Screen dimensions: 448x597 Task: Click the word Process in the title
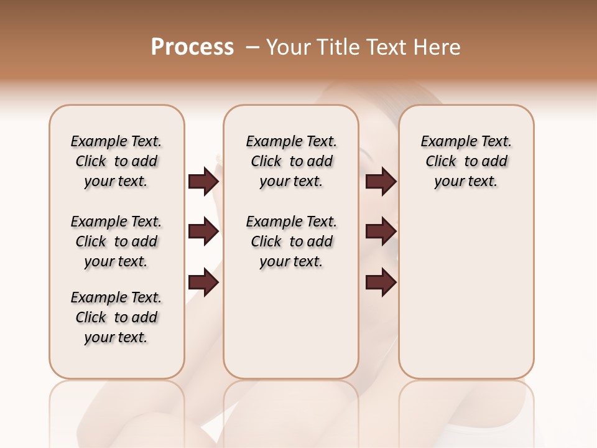[192, 47]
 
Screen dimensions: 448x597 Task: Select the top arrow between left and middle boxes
[203, 182]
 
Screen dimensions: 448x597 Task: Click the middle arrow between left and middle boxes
[203, 232]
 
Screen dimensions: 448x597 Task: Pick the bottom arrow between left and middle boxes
[203, 282]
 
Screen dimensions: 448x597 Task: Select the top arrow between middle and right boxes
[381, 182]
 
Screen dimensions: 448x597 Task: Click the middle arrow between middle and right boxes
[381, 232]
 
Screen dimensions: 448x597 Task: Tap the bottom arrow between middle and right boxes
[381, 282]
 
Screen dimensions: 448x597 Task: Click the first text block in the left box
[116, 161]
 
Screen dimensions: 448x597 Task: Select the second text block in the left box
[116, 241]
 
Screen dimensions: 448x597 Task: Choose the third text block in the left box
[116, 317]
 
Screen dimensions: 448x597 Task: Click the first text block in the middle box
[291, 161]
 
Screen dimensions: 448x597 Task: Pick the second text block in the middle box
[291, 241]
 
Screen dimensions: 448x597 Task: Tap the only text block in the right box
[466, 161]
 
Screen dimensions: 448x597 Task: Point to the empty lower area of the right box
[466, 299]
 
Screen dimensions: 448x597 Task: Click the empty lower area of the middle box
[291, 324]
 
